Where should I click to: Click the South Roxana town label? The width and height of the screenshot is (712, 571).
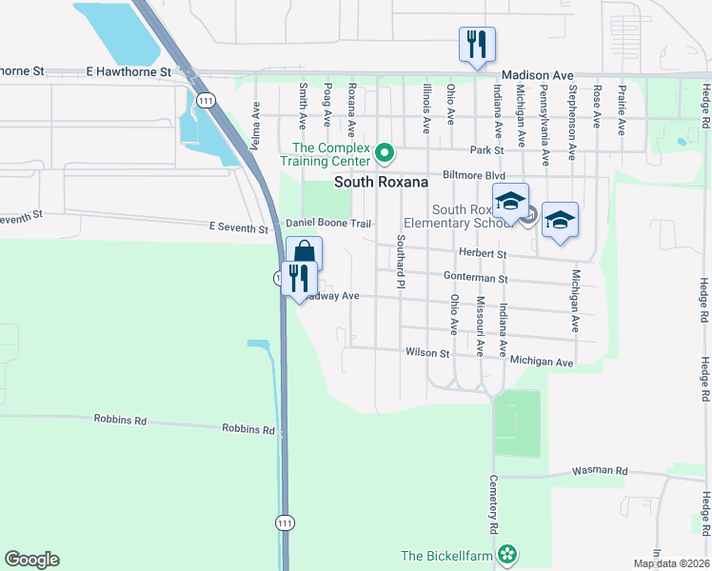[x=380, y=182]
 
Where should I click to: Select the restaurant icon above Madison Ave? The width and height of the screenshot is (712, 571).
[x=477, y=44]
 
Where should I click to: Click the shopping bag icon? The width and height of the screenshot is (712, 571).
[x=304, y=253]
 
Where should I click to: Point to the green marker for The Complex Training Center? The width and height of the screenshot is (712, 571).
[x=385, y=152]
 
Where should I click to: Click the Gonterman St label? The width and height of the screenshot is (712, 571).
[x=476, y=278]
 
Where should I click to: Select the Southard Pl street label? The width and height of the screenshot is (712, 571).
[x=402, y=261]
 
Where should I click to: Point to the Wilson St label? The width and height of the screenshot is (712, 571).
[x=426, y=353]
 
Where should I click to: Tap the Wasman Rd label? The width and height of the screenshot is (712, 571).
[x=600, y=471]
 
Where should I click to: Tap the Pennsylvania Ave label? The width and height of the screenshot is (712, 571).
[x=544, y=110]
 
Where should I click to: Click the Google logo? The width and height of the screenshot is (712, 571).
[x=31, y=560]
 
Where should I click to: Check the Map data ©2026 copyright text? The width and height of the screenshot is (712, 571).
[x=671, y=563]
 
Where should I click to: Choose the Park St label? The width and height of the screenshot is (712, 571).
[x=485, y=150]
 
